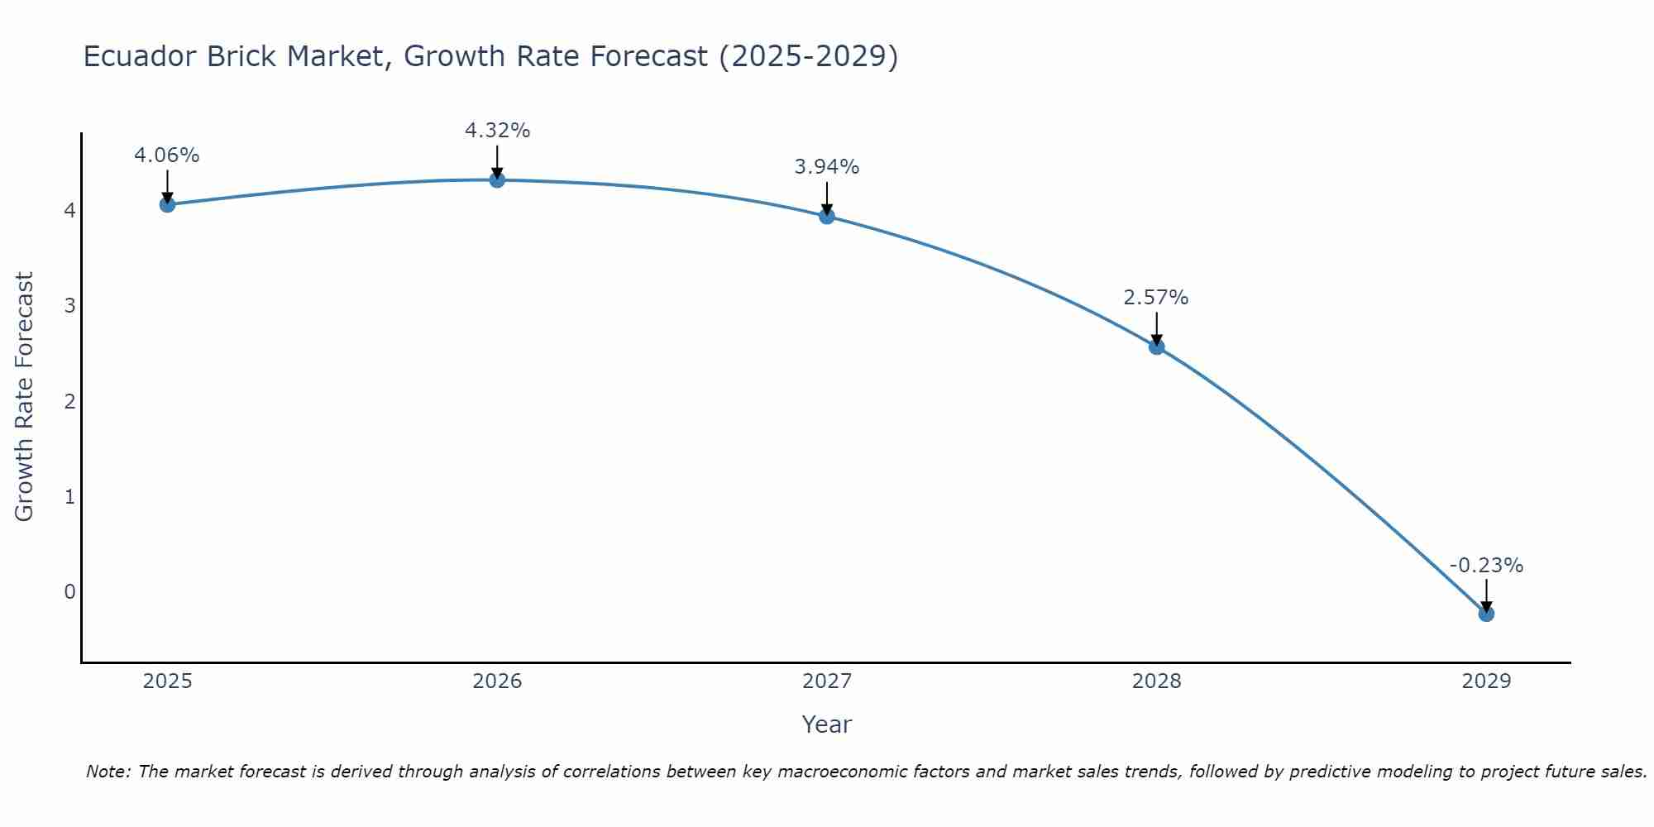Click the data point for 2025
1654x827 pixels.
(167, 204)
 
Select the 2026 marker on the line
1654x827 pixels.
(497, 179)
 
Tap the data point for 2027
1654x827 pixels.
(827, 216)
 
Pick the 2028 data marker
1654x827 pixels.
(1156, 347)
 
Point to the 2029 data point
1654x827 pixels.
(1486, 614)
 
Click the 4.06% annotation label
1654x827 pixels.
(167, 155)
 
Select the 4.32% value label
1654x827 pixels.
(497, 131)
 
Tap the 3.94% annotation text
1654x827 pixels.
(827, 167)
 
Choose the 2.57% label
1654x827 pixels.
(1156, 298)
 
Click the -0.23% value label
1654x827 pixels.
(1486, 566)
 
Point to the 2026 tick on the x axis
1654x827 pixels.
(497, 681)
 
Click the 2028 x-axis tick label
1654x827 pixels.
(1156, 681)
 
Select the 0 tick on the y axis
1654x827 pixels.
(69, 592)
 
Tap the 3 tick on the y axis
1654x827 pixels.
(69, 306)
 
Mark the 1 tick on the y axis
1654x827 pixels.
(69, 497)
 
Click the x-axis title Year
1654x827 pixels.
(827, 724)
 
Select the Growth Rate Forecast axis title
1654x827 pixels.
(25, 397)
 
